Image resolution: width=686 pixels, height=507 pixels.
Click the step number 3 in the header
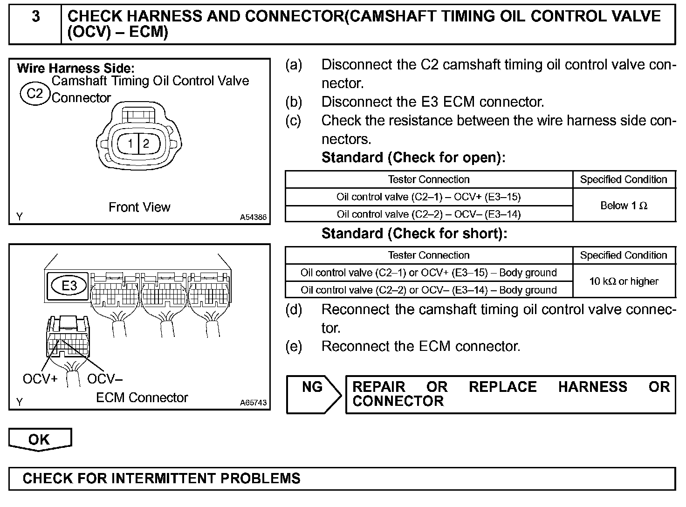coord(35,17)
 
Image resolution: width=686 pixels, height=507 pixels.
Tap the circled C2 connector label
coord(34,94)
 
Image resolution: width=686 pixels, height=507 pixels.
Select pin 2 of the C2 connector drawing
coord(146,143)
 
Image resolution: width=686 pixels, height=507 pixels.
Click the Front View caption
coord(139,207)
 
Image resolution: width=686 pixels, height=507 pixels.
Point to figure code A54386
coord(254,217)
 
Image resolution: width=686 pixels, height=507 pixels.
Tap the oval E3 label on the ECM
coord(69,285)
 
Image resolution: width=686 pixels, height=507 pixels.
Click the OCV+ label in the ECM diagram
coord(40,379)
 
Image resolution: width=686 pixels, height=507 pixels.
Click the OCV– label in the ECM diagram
coord(105,379)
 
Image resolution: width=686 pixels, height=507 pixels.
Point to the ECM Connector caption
coord(142,397)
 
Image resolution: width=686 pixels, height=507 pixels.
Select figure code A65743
coord(254,403)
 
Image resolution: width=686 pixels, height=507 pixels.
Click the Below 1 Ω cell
coord(624,206)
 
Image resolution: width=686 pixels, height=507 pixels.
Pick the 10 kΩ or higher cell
coord(624,281)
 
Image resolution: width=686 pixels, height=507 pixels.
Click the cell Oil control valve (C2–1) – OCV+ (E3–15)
coord(428,197)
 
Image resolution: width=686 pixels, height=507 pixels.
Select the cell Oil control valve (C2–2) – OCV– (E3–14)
coord(428,214)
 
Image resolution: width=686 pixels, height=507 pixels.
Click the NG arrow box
coord(313,394)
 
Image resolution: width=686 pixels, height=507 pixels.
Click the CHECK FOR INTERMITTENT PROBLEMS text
coord(161,479)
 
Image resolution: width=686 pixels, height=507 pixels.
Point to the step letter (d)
coord(294,309)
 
